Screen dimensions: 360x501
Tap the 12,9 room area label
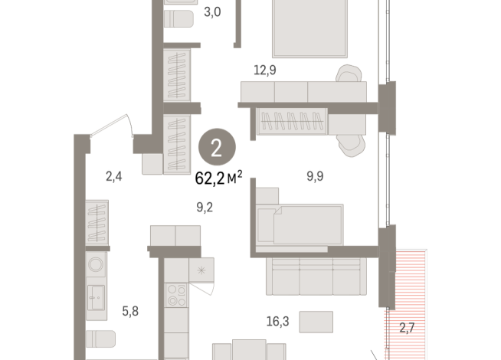tap(265, 70)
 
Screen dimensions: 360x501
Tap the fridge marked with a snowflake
tap(202, 270)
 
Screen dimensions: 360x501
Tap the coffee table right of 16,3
tap(316, 320)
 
